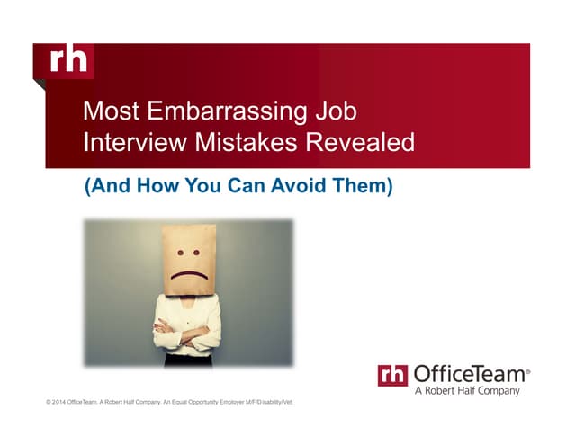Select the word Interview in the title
point(131,142)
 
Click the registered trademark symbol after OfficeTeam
point(527,369)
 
